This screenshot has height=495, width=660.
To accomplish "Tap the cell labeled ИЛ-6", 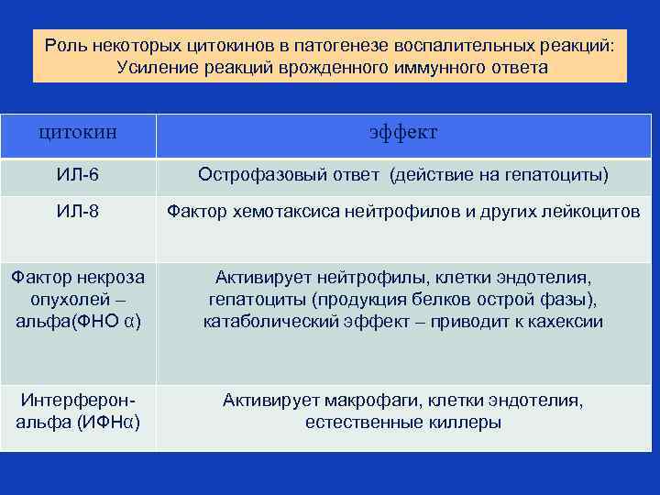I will coord(78,175).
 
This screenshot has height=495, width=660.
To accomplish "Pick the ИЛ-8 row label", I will coord(78,212).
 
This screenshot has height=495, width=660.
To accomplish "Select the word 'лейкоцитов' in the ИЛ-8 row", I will coord(593,212).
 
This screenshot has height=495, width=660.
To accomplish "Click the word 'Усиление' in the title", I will coord(150,67).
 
